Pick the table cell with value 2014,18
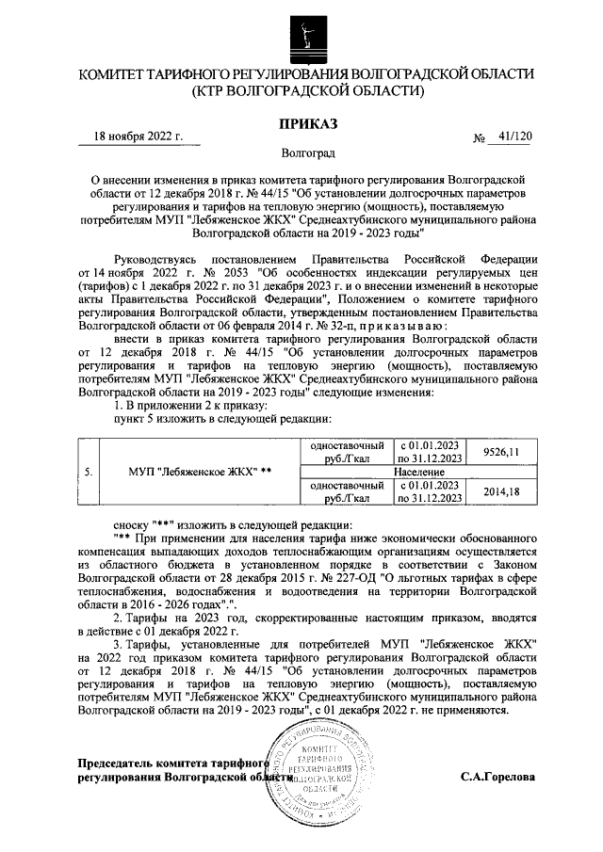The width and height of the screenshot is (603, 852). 501,491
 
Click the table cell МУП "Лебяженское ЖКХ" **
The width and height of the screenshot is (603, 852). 199,472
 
